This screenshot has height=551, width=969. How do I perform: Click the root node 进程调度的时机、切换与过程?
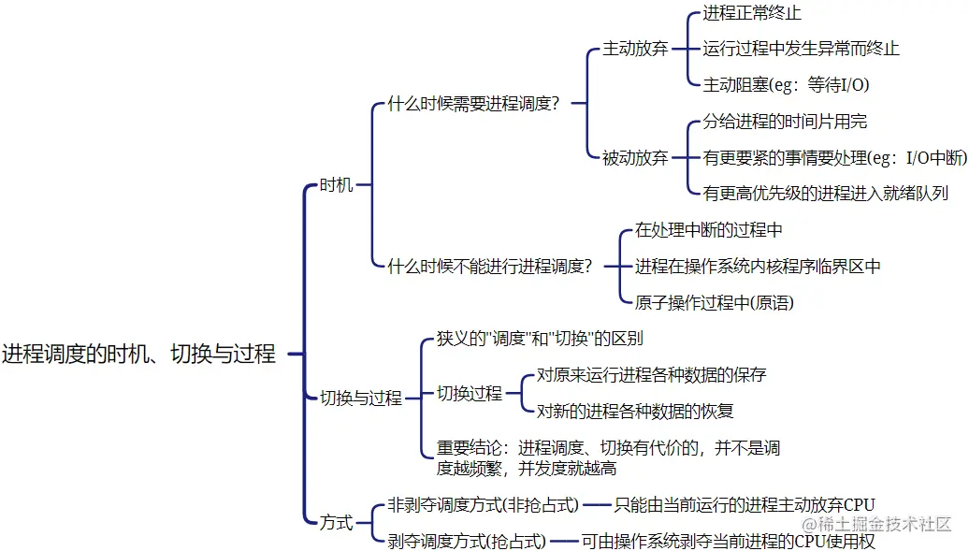(x=138, y=355)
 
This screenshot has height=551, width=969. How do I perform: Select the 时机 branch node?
(x=336, y=185)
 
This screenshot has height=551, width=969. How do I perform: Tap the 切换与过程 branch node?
(x=360, y=399)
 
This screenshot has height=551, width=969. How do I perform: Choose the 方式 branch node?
(x=336, y=522)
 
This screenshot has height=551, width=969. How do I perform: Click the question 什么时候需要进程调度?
(x=473, y=104)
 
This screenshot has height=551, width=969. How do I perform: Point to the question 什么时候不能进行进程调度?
(x=490, y=266)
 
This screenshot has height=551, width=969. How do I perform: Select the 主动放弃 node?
(x=635, y=49)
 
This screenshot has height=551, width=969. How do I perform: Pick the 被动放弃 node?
(x=635, y=158)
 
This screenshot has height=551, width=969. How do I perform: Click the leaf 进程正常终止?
(x=752, y=13)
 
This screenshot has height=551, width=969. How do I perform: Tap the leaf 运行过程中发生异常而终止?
(x=801, y=49)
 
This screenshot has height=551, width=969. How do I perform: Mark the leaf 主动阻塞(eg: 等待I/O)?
(x=786, y=85)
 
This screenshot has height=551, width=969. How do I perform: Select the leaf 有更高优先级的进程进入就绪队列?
(x=826, y=194)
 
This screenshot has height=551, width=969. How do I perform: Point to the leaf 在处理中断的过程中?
(x=708, y=230)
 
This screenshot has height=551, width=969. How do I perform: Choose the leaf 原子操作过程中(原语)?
(x=715, y=302)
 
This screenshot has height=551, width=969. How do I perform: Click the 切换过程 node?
(x=469, y=394)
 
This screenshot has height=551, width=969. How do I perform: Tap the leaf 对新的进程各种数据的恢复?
(x=635, y=411)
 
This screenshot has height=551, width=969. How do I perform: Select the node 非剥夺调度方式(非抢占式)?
(x=483, y=505)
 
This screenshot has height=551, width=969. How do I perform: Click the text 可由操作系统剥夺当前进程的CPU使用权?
(x=729, y=541)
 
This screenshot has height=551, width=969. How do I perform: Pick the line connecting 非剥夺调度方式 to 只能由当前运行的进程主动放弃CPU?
(x=597, y=506)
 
